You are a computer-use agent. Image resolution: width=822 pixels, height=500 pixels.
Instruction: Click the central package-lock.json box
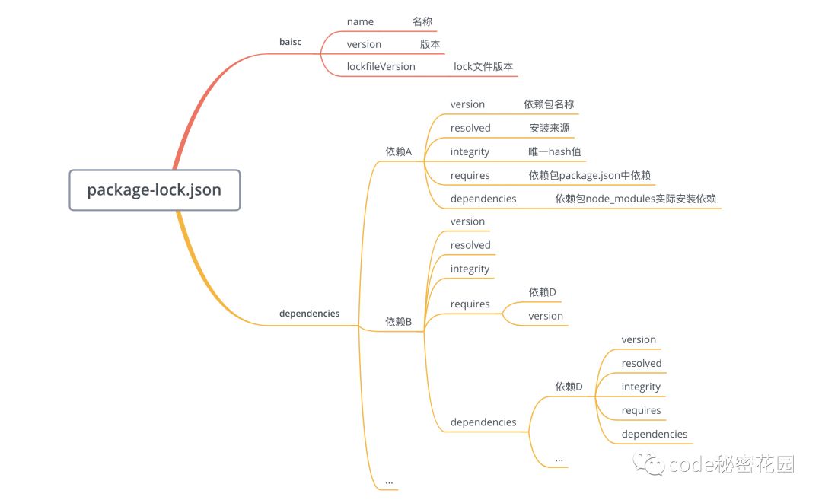click(155, 189)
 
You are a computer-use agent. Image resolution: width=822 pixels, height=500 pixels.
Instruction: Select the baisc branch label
click(290, 42)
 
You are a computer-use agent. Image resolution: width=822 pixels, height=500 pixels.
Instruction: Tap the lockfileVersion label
click(381, 66)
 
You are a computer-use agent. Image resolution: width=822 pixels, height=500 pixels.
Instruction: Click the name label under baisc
click(360, 22)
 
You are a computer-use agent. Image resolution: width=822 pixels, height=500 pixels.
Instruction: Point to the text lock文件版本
click(483, 66)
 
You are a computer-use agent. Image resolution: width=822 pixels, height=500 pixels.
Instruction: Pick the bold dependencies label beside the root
click(309, 313)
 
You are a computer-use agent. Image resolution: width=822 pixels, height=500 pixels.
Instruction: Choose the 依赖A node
click(398, 151)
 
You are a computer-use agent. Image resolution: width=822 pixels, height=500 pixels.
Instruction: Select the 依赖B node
click(398, 322)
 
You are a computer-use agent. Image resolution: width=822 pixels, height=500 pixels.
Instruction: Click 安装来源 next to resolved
click(550, 128)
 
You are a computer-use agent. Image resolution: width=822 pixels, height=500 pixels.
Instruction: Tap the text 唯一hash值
click(555, 151)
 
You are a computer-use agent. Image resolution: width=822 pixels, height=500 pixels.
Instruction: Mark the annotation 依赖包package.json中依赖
click(590, 175)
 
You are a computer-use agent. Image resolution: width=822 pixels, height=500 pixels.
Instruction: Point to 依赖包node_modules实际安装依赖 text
click(636, 199)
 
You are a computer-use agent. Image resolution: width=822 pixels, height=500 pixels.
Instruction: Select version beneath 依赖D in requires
click(546, 316)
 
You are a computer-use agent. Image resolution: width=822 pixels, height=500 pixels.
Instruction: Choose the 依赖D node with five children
click(569, 387)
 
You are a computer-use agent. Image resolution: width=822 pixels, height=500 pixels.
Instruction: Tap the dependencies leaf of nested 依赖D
click(654, 434)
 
